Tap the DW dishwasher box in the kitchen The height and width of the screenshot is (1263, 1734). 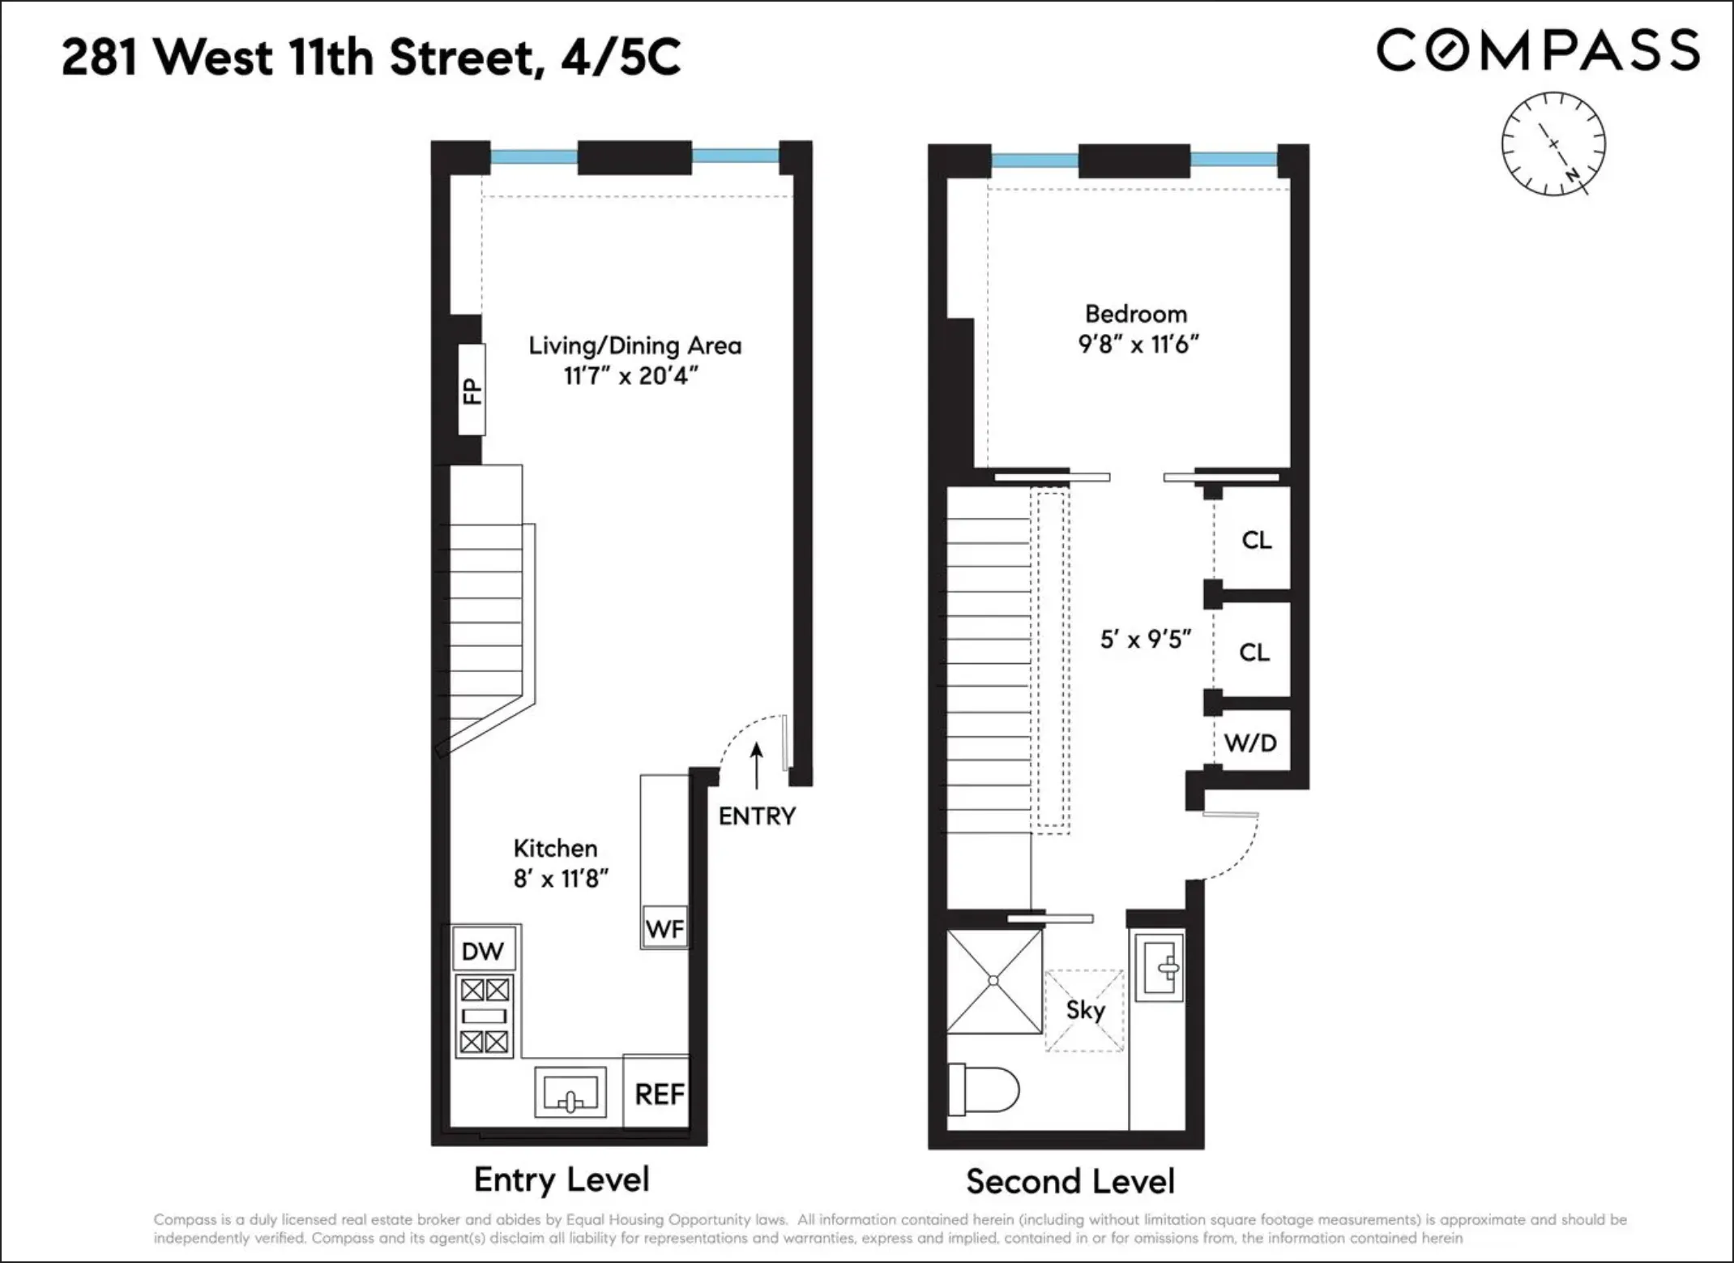[483, 951]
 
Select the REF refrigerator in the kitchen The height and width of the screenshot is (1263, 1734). [659, 1094]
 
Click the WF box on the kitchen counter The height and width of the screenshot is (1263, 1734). [664, 928]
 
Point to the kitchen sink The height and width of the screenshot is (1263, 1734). [570, 1092]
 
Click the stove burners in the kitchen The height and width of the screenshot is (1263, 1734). [485, 1016]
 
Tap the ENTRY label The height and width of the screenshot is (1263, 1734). [757, 816]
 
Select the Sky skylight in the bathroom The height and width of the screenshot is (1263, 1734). [1085, 1010]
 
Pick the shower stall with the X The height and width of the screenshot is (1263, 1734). [994, 982]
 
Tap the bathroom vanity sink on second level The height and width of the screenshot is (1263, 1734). [1160, 966]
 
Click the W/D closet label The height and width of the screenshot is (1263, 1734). [1250, 742]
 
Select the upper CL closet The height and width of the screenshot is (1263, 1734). [1256, 540]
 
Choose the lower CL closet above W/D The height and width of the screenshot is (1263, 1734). [1254, 652]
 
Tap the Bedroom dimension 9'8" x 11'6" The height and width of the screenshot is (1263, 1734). [1138, 345]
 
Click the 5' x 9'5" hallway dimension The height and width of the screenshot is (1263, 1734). [1145, 640]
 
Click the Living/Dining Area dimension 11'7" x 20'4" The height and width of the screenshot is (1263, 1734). [631, 376]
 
